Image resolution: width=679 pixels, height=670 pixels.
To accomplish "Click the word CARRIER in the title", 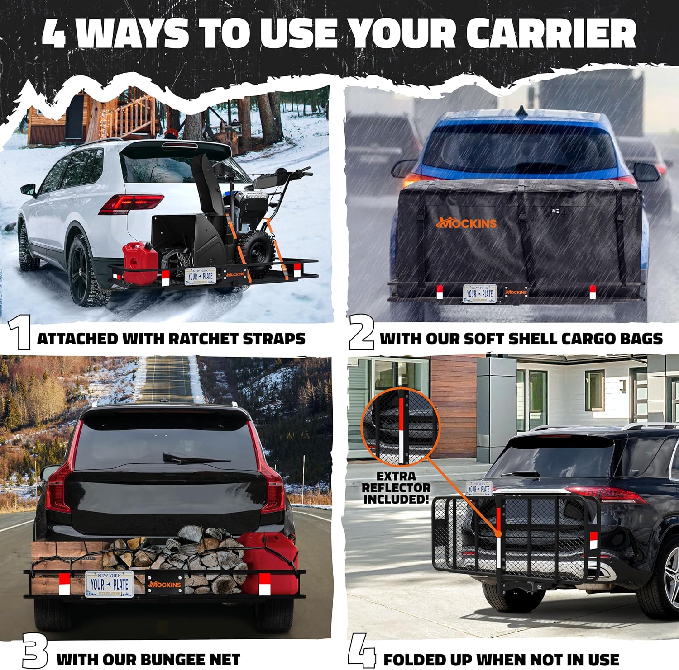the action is [551, 34].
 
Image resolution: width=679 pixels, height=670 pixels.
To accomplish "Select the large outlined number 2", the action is [362, 333].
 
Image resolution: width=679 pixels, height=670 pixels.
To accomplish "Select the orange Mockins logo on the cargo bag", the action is [466, 222].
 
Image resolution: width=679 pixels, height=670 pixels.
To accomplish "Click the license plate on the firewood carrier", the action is [109, 584].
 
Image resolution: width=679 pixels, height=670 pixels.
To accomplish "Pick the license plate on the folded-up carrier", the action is [479, 489].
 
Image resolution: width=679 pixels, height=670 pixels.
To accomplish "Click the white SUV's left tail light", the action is [130, 203].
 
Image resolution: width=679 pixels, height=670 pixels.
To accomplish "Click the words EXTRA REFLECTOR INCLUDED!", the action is [397, 487].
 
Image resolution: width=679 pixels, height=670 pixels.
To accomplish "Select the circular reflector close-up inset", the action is [400, 426].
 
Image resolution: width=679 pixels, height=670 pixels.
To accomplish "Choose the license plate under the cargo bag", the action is [480, 293].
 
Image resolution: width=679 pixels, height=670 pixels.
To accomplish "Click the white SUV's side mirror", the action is [28, 190].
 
